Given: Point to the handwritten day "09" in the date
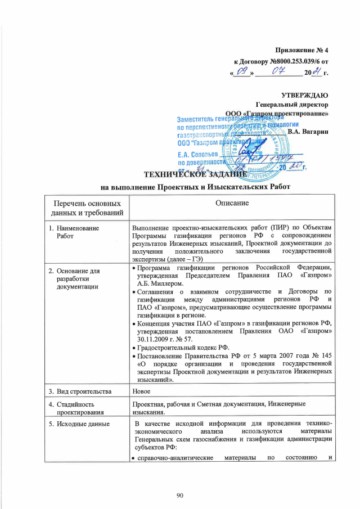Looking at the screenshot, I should (x=244, y=72).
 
